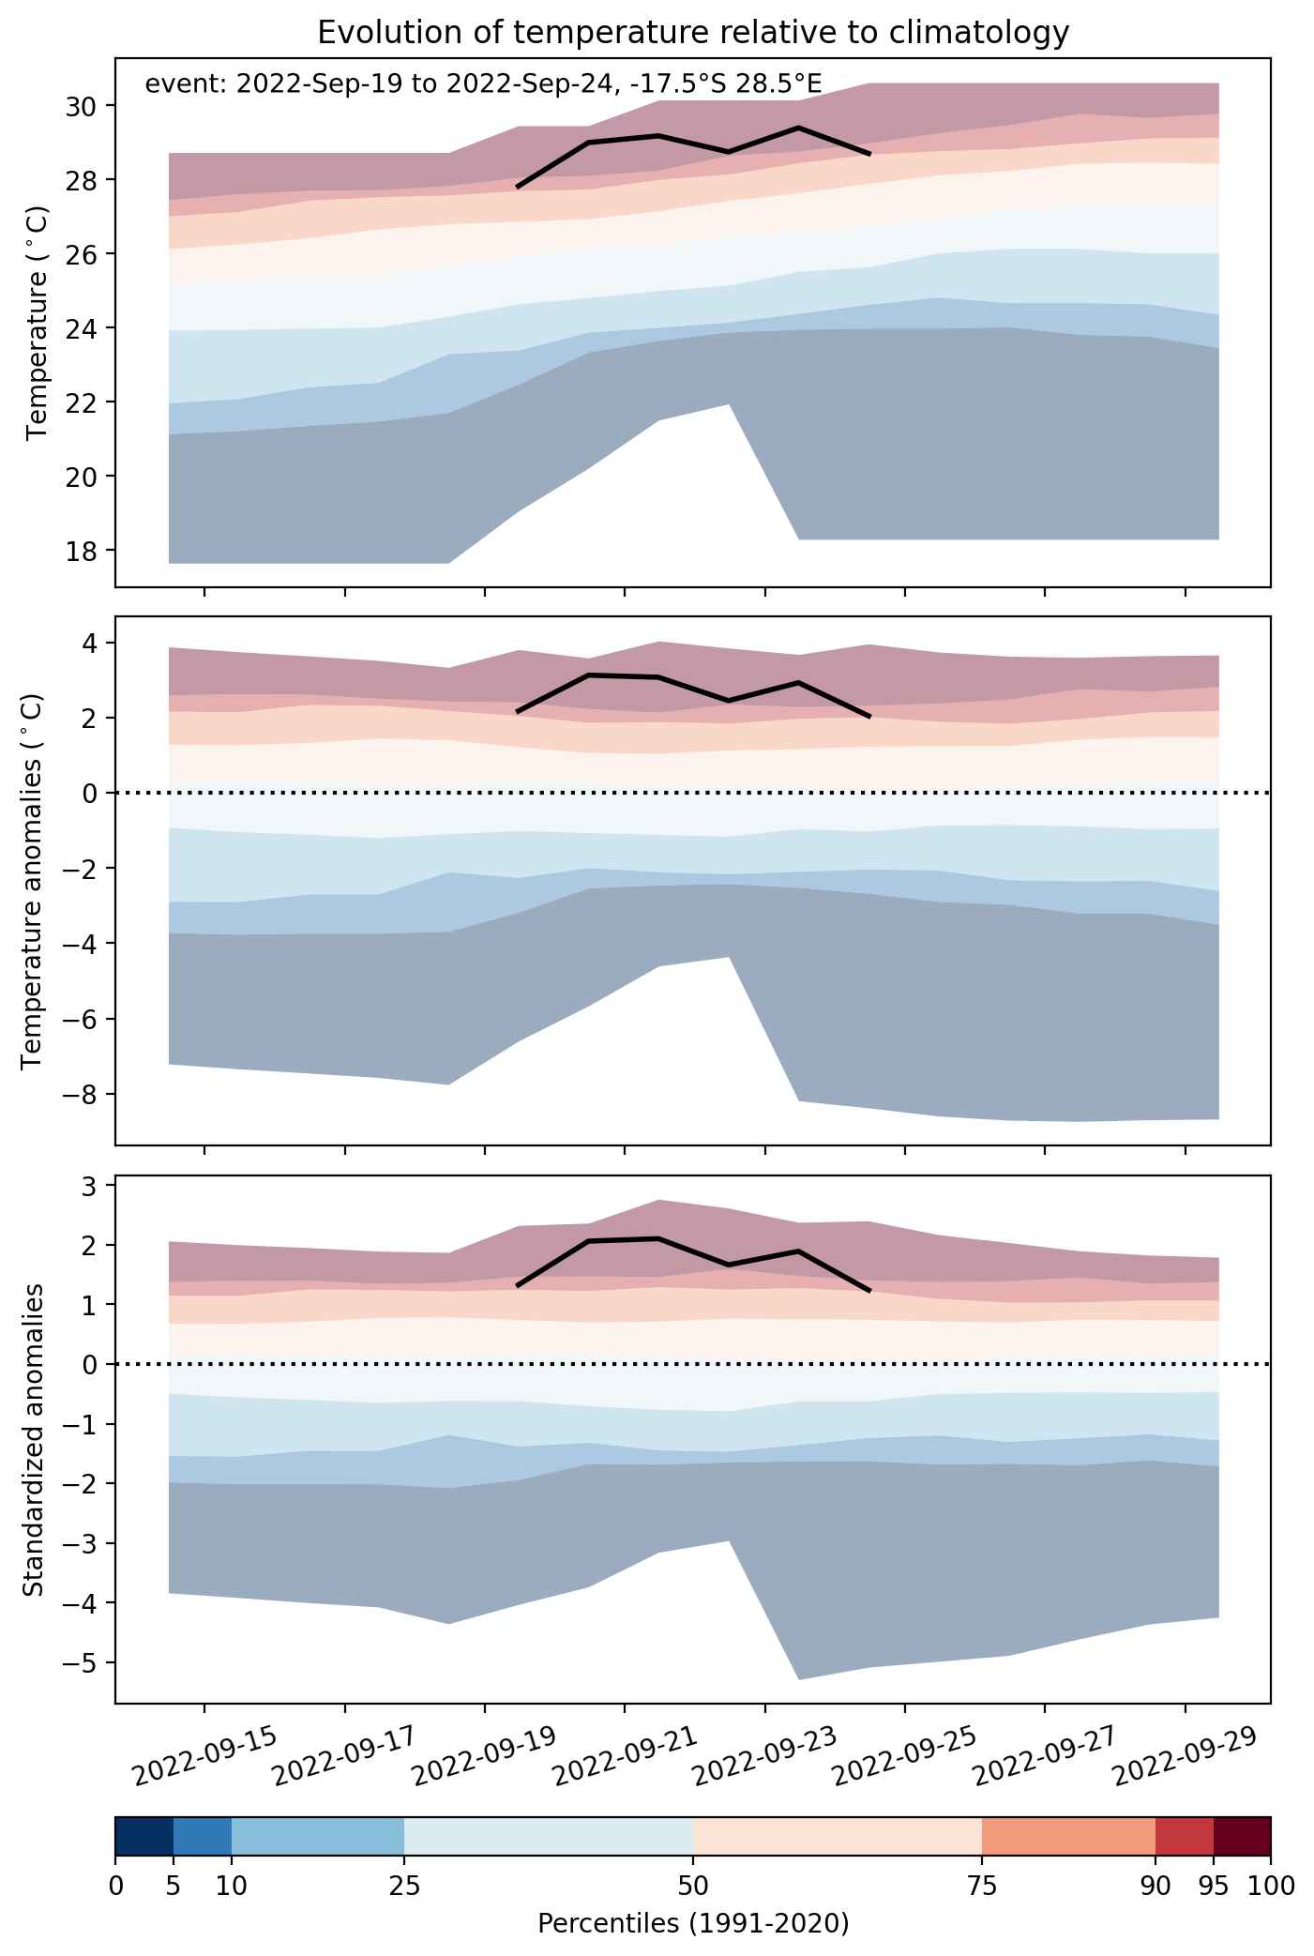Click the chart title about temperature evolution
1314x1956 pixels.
pyautogui.click(x=693, y=33)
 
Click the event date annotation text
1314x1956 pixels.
pyautogui.click(x=483, y=84)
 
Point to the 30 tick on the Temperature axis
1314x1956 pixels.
pyautogui.click(x=84, y=106)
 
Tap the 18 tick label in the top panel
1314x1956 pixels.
pyautogui.click(x=84, y=550)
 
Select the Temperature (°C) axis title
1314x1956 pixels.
pyautogui.click(x=38, y=323)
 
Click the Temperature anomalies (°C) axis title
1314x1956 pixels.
pyautogui.click(x=32, y=881)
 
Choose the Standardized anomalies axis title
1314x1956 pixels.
pyautogui.click(x=32, y=1439)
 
